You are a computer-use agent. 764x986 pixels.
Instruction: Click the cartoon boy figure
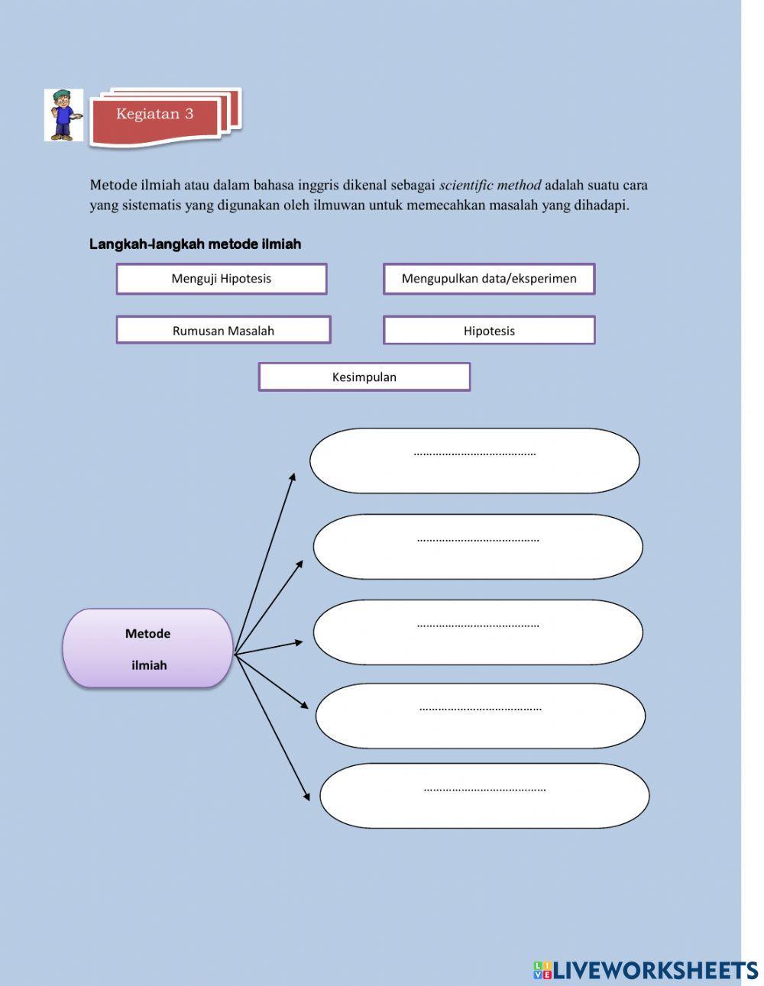coord(63,115)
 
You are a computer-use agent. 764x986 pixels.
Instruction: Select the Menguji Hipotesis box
coord(222,279)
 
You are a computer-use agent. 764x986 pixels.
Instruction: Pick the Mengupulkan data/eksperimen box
coord(489,279)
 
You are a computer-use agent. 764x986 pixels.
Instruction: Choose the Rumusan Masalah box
coord(223,331)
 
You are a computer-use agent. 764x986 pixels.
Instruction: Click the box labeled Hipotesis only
coord(489,331)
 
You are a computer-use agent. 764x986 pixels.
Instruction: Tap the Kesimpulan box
coord(364,377)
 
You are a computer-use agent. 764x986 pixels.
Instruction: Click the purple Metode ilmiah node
coord(147,648)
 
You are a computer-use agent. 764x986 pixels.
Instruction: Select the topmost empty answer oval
coord(474,461)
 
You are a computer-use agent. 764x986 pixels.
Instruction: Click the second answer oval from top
coord(477,547)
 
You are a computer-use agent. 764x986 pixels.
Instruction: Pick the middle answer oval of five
coord(477,632)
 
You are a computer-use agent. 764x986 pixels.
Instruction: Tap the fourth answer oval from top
coord(481,716)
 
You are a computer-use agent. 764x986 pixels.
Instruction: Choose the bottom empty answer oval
coord(484,796)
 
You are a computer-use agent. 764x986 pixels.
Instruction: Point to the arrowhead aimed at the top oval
coord(293,477)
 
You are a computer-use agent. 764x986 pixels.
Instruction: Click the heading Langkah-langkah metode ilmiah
coord(196,244)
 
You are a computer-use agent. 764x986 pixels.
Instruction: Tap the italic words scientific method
coord(490,186)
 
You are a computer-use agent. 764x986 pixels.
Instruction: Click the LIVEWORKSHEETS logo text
coord(655,970)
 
